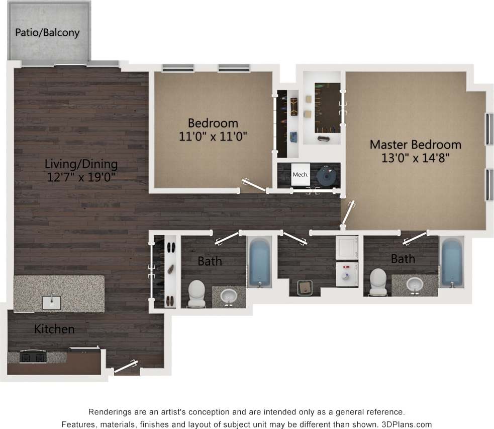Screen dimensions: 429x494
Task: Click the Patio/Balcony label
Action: [x=47, y=33]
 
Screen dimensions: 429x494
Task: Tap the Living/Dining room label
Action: [x=81, y=164]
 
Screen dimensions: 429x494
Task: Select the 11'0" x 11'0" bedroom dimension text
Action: [x=213, y=136]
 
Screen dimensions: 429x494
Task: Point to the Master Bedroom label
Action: [x=415, y=145]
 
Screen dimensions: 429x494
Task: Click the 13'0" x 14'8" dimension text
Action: [x=415, y=158]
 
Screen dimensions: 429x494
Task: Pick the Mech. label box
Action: [x=300, y=175]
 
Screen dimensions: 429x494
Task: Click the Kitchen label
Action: [x=54, y=329]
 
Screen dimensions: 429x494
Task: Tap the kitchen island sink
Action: [x=52, y=302]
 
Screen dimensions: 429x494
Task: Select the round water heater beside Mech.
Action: [x=327, y=176]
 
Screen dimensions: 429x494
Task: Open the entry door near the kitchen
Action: [x=126, y=367]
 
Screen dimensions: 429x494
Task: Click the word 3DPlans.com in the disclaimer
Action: [x=408, y=424]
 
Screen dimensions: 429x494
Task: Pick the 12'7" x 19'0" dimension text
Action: [x=81, y=177]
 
